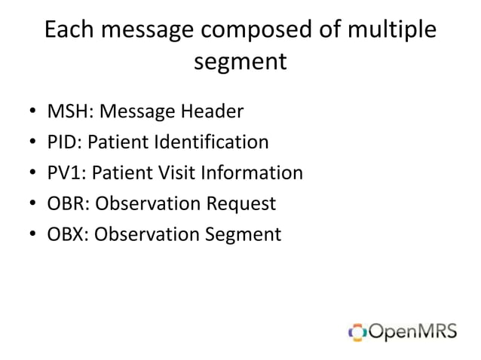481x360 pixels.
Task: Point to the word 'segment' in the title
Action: [x=240, y=62]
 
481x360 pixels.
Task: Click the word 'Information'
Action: [x=253, y=173]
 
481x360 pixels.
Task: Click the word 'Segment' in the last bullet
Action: [x=244, y=235]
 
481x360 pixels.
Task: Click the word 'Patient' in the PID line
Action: [x=120, y=142]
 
